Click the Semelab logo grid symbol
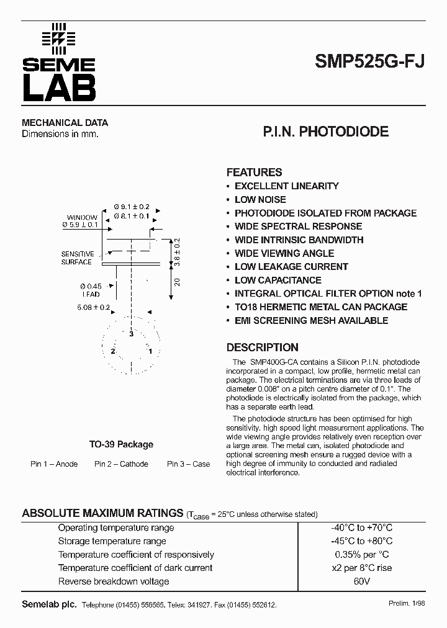click(58, 38)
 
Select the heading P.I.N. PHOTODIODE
click(326, 132)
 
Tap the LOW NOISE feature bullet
click(260, 199)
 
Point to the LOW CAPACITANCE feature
click(278, 280)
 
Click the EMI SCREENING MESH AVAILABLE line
click(311, 321)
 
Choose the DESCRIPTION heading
click(262, 348)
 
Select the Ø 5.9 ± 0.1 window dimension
click(81, 225)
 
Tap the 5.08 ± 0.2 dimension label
click(93, 307)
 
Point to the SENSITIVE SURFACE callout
click(77, 258)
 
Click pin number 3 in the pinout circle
click(132, 334)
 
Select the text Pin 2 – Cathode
click(121, 464)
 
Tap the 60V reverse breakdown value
click(362, 581)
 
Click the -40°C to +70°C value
click(362, 527)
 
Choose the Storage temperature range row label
click(112, 541)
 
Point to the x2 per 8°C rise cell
click(362, 568)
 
